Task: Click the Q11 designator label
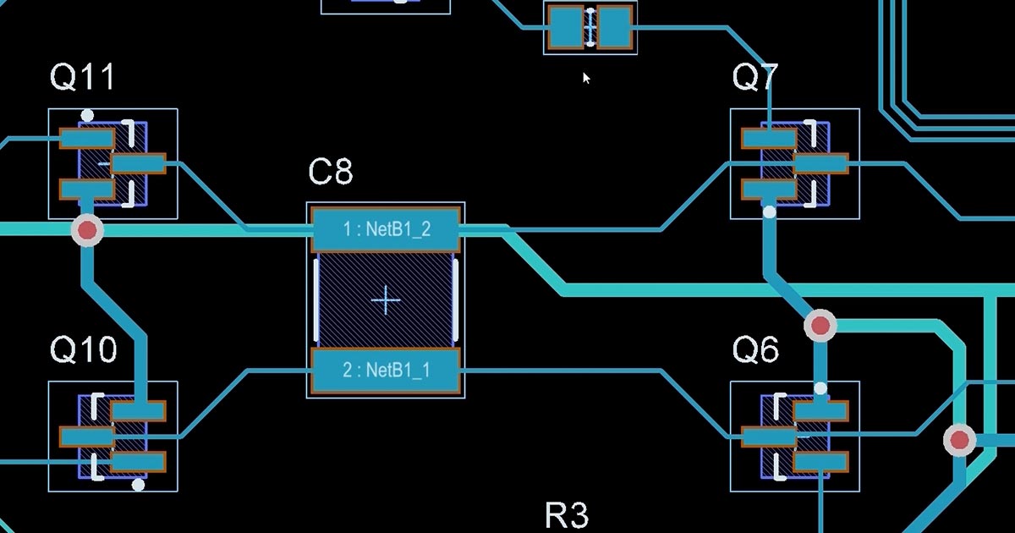[x=83, y=77]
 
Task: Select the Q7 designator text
[x=755, y=77]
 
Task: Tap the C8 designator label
[x=331, y=172]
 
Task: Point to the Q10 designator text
[x=84, y=349]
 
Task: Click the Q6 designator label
[x=756, y=349]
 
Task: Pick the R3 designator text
[x=567, y=515]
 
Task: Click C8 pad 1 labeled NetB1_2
[x=386, y=229]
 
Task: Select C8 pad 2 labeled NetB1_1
[x=386, y=371]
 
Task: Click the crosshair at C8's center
[x=386, y=300]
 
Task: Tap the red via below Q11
[x=87, y=231]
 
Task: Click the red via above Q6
[x=820, y=326]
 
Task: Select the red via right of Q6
[x=959, y=440]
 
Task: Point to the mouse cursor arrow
[x=586, y=78]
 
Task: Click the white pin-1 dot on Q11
[x=87, y=116]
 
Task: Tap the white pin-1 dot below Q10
[x=138, y=485]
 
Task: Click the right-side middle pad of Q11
[x=139, y=163]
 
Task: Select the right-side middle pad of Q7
[x=820, y=163]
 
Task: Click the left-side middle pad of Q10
[x=87, y=437]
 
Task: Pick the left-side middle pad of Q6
[x=769, y=437]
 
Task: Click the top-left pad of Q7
[x=769, y=138]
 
